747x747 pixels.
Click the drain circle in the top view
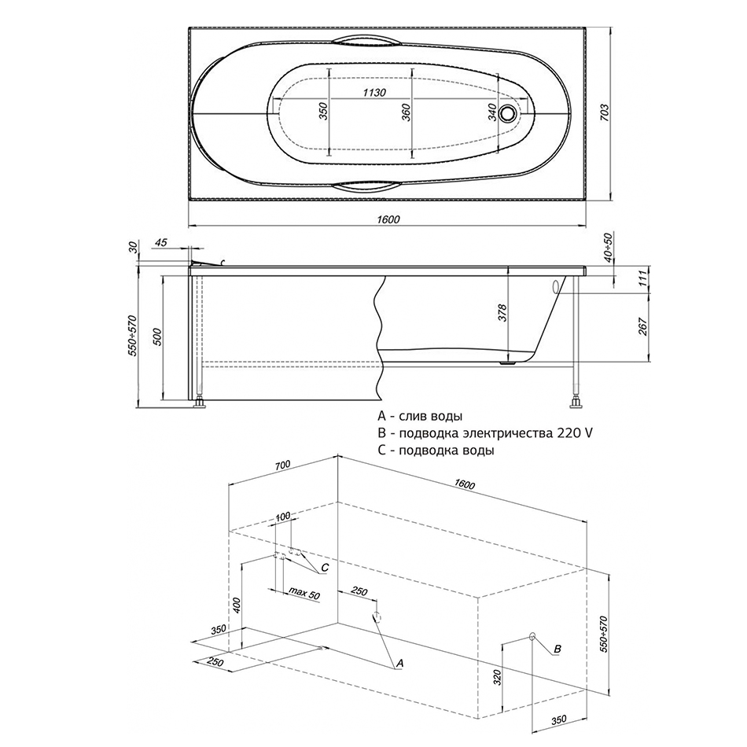[508, 113]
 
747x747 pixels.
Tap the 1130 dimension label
[374, 93]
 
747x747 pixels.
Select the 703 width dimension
[604, 113]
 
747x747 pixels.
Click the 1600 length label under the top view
[388, 219]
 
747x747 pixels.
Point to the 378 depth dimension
[503, 313]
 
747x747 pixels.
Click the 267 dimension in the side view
[643, 326]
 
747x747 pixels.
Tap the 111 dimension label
[643, 278]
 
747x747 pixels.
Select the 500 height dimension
[158, 337]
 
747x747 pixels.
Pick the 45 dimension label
[161, 242]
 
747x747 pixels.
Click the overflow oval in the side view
[555, 287]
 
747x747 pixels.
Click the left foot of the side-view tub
[200, 404]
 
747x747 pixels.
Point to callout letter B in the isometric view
[557, 649]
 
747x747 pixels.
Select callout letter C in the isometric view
[325, 568]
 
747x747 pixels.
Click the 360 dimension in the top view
[406, 112]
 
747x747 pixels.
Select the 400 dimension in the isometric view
[237, 605]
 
